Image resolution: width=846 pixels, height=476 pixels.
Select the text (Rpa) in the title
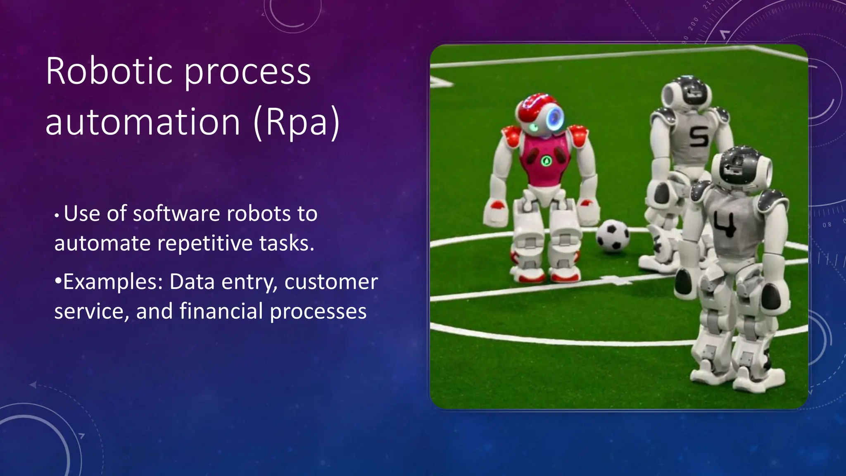tap(296, 123)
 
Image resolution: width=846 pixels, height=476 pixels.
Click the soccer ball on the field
tap(612, 236)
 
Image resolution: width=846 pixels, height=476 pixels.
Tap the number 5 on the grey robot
tap(699, 137)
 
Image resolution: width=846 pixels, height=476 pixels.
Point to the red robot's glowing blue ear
tap(554, 117)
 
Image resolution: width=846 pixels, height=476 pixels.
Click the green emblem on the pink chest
tap(547, 160)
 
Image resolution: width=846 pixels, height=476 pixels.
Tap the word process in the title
tap(247, 71)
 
